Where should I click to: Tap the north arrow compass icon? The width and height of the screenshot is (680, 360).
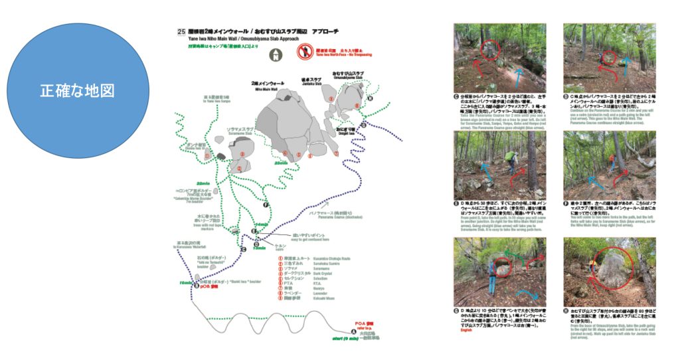point(276,52)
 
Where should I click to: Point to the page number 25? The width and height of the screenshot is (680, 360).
point(181,31)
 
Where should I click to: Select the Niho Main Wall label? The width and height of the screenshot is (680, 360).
point(264,86)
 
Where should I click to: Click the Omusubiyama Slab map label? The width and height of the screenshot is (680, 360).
point(347,75)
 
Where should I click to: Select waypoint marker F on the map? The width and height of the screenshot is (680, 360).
point(266,205)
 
